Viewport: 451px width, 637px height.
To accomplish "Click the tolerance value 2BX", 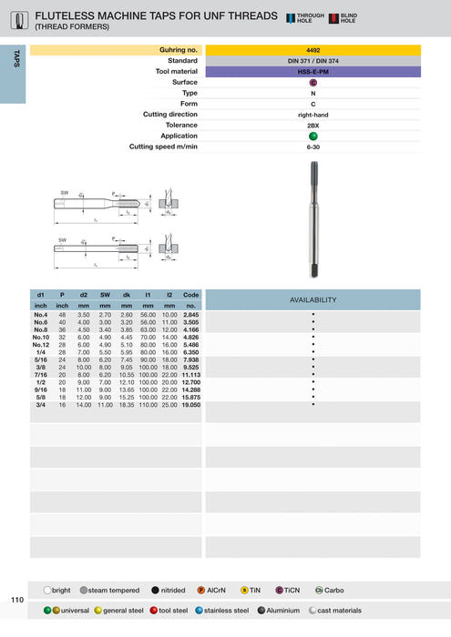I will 313,126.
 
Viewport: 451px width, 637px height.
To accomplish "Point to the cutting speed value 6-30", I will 313,147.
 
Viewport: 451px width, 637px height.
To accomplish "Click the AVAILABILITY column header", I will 313,299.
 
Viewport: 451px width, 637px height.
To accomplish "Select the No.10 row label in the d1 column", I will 41,338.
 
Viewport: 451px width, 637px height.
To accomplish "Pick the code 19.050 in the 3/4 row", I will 191,404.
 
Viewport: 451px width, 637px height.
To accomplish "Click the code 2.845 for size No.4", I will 191,314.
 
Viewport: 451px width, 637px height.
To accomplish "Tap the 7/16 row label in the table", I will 41,373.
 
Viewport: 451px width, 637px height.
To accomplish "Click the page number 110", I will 17,600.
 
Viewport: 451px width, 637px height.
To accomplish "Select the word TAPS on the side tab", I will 16,58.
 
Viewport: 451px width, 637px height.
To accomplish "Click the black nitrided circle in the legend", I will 156,591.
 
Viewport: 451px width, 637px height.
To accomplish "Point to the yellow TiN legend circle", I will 244,591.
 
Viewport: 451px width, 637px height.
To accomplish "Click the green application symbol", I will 313,136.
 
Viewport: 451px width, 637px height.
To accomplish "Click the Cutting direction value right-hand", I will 313,115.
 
